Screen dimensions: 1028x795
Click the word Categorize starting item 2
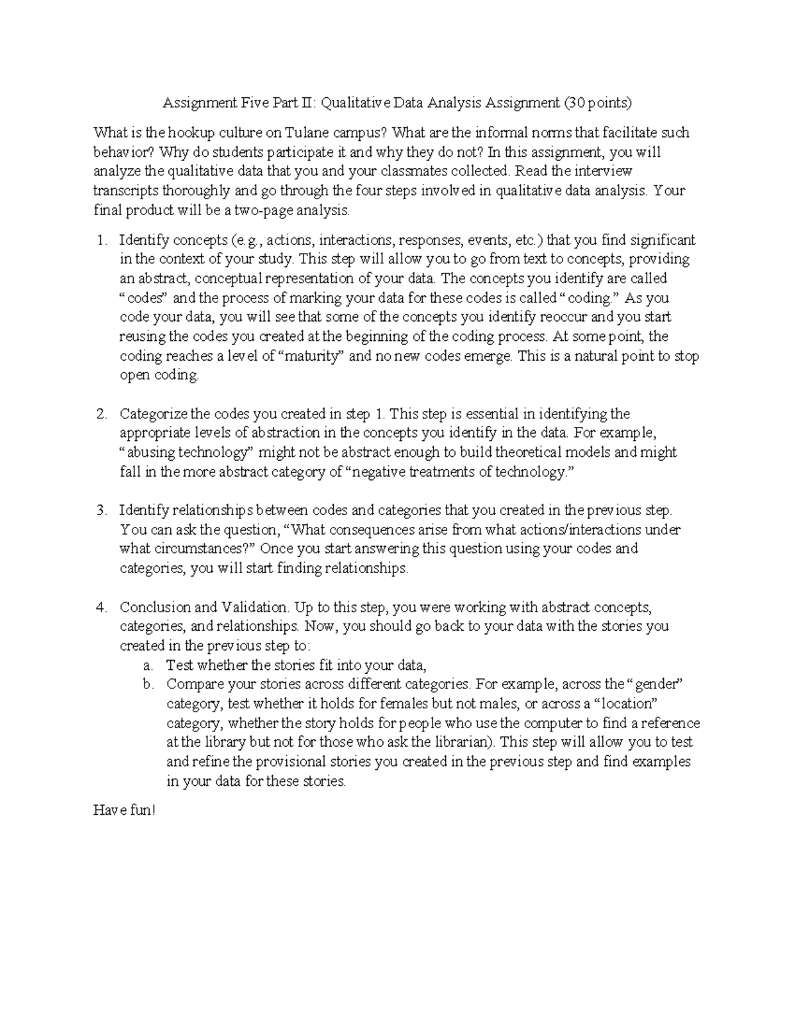pyautogui.click(x=154, y=414)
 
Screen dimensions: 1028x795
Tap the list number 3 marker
pyautogui.click(x=101, y=510)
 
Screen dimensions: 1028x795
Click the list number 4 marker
pyautogui.click(x=101, y=607)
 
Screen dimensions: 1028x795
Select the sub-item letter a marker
pyautogui.click(x=148, y=665)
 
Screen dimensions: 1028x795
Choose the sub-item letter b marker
pyautogui.click(x=148, y=684)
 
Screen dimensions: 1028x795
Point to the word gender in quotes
pyautogui.click(x=655, y=684)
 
